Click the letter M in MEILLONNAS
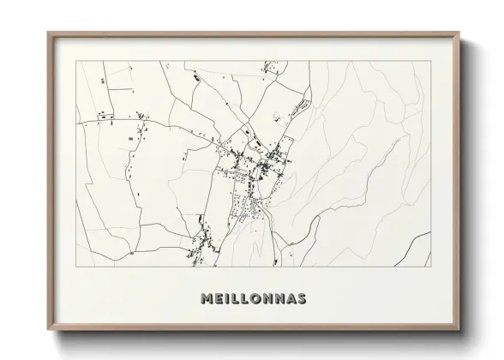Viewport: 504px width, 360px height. tap(207, 299)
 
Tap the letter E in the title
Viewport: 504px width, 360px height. tap(219, 299)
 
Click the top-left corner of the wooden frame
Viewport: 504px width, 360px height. tap(48, 33)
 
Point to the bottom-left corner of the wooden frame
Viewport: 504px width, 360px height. tap(48, 331)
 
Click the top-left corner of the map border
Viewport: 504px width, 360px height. tap(76, 61)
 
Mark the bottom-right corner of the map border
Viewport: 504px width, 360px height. tap(432, 267)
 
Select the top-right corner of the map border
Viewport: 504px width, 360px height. tap(432, 61)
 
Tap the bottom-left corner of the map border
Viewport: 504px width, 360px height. tap(76, 267)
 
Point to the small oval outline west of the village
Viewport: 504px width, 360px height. tap(130, 138)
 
